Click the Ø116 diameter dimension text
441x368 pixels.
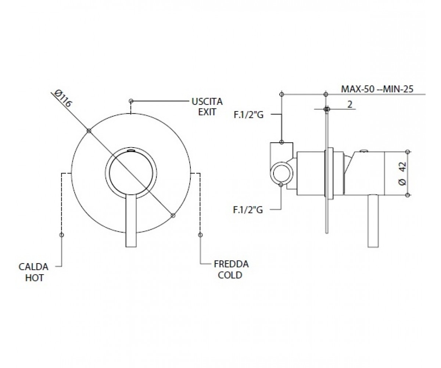click(63, 99)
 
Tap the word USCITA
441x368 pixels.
click(207, 102)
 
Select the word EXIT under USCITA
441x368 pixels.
click(207, 112)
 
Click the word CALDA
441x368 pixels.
click(33, 267)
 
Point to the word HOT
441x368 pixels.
click(34, 278)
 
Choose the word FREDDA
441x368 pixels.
click(231, 264)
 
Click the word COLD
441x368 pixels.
click(230, 275)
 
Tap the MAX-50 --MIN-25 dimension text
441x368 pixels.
click(377, 89)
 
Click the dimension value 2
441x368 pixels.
click(350, 105)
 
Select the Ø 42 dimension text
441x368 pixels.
click(402, 173)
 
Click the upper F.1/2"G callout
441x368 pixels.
click(248, 115)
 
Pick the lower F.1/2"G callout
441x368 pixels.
click(248, 210)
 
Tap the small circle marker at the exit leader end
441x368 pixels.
click(131, 101)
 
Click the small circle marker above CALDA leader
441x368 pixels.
click(61, 235)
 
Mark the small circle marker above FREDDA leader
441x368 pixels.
click(200, 235)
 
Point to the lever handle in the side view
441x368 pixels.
click(373, 221)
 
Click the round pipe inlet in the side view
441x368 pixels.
click(282, 173)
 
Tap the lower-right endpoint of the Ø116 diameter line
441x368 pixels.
click(173, 216)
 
